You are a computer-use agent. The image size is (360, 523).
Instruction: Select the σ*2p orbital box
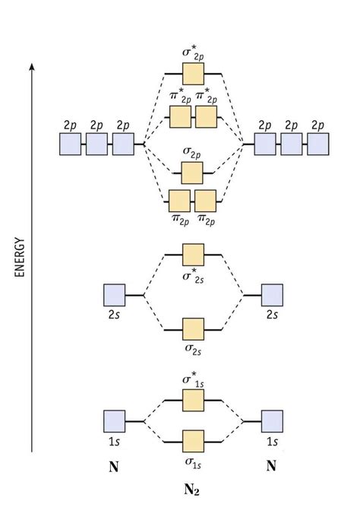[194, 74]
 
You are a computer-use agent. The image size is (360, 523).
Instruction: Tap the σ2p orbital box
[192, 173]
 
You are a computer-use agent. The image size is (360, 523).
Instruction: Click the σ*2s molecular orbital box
[194, 254]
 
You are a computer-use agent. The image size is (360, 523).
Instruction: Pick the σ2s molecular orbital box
[194, 329]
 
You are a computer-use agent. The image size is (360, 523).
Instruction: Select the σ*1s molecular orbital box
[194, 400]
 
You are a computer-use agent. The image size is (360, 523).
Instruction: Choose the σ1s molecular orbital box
[194, 441]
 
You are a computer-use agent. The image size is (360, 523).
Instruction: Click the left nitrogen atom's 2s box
[114, 295]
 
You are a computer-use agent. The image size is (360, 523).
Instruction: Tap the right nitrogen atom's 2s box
[272, 295]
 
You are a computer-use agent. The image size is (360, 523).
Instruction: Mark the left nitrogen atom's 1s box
[114, 421]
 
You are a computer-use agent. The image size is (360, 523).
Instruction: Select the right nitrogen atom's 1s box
[272, 421]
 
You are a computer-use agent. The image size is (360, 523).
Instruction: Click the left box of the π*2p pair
[180, 117]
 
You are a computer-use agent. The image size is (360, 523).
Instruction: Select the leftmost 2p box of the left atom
[70, 144]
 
